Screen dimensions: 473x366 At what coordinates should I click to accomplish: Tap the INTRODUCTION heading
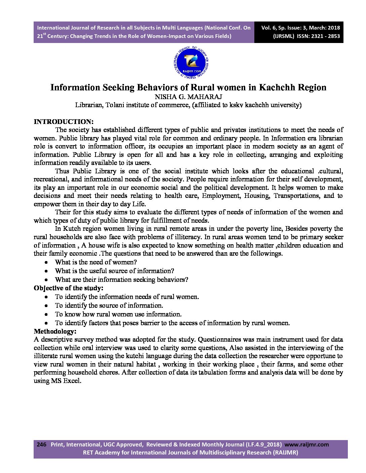pos(64,122)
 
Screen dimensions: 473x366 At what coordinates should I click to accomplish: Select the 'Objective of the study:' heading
pos(69,288)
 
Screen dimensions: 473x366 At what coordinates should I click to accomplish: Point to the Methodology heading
pos(55,332)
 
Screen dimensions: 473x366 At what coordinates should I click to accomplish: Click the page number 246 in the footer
pos(41,444)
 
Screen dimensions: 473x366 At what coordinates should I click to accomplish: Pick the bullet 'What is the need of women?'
pos(96,262)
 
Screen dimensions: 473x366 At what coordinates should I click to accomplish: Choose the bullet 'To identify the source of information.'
pos(109,305)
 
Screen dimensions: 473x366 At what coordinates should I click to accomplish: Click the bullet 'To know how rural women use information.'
pos(118,314)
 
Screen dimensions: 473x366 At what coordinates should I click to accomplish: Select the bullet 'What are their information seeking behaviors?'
pos(121,279)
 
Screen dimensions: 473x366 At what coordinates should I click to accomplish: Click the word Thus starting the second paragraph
pos(62,171)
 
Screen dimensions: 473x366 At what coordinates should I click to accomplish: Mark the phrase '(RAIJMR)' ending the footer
pos(285,452)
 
